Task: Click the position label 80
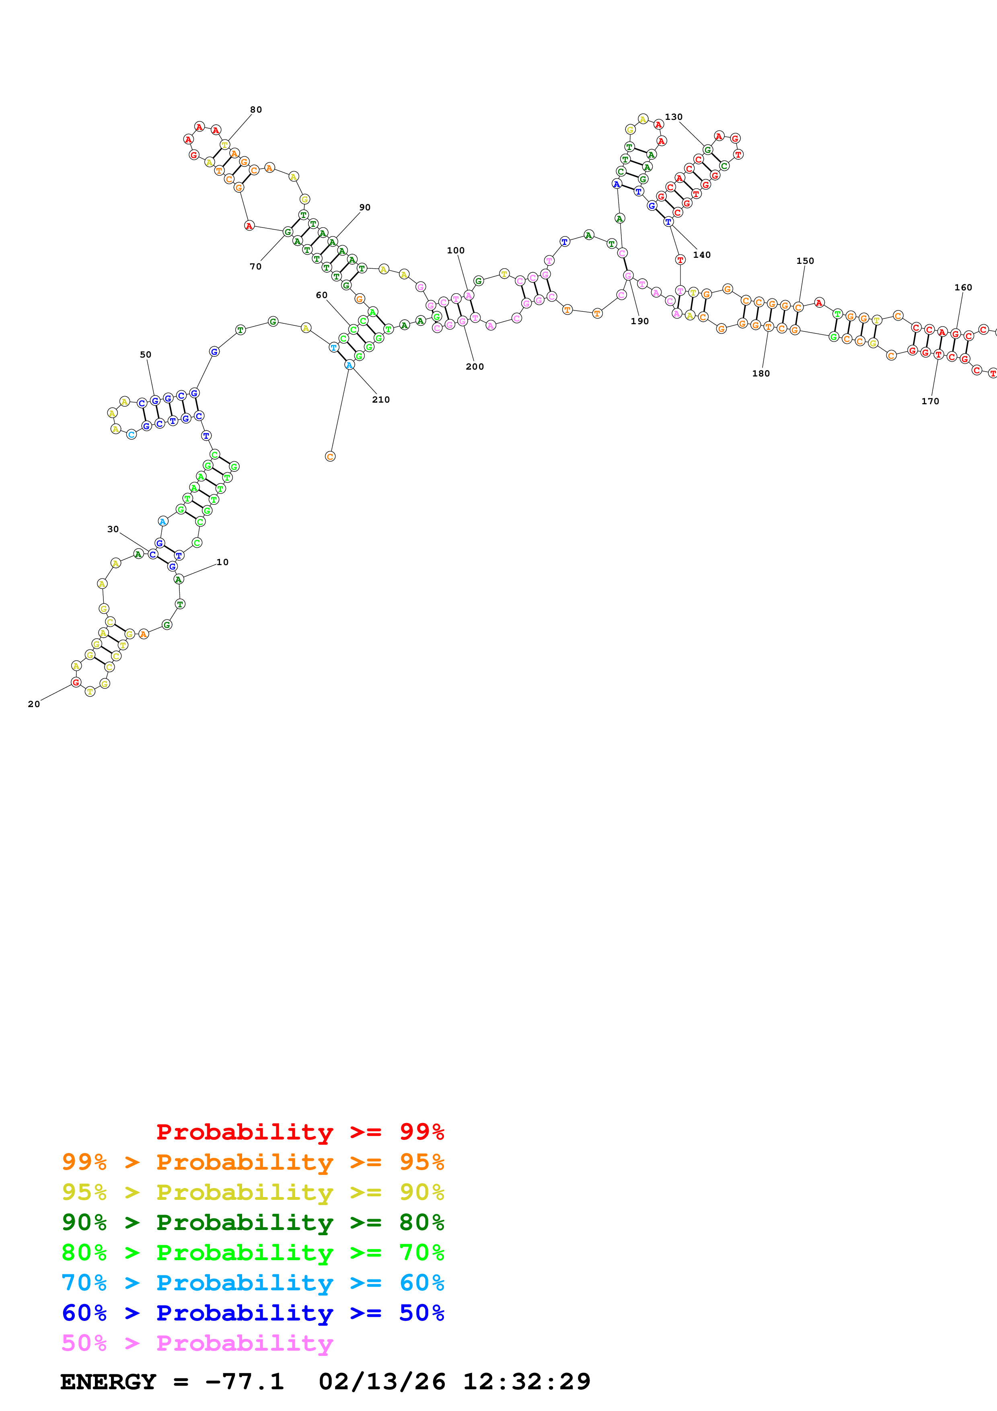click(x=255, y=110)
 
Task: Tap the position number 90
click(x=365, y=208)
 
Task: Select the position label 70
click(x=255, y=267)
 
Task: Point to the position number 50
click(x=146, y=355)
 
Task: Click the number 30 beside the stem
click(x=113, y=530)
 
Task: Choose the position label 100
click(x=456, y=251)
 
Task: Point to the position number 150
click(x=805, y=261)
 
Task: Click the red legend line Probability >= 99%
click(x=300, y=1132)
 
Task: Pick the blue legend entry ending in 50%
click(x=253, y=1313)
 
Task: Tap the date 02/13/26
click(x=382, y=1382)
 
